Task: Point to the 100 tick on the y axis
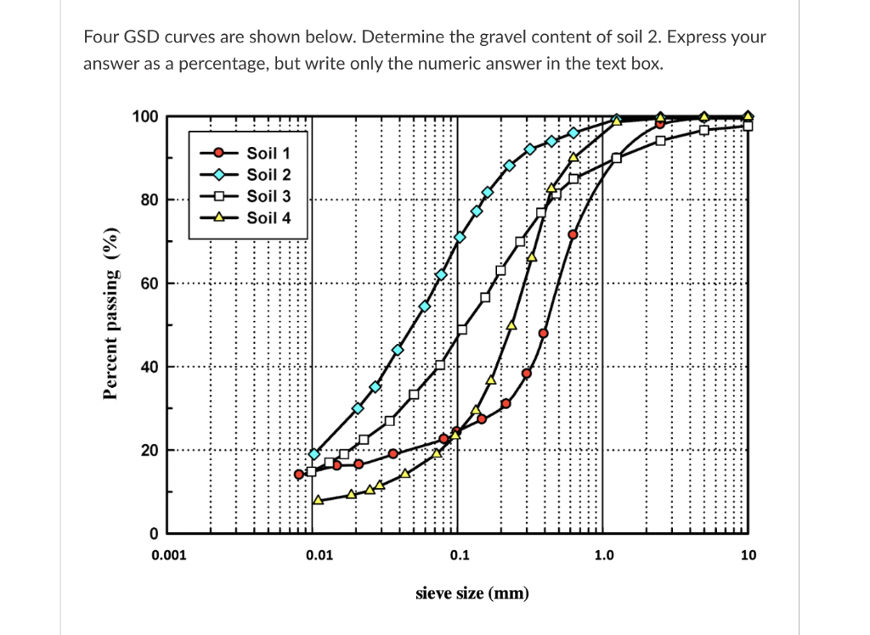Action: [x=144, y=116]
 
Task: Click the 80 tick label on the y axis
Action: [x=149, y=200]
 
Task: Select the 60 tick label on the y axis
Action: [x=149, y=284]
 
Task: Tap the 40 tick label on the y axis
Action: [x=149, y=367]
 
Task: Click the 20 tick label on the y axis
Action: [x=149, y=450]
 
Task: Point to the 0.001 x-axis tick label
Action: [x=167, y=556]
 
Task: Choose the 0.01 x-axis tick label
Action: [x=318, y=556]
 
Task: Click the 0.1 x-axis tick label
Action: [x=458, y=556]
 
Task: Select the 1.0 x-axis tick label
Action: [x=603, y=556]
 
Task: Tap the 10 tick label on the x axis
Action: [x=748, y=556]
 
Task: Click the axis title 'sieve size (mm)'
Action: [x=472, y=593]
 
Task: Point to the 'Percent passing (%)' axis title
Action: [x=110, y=313]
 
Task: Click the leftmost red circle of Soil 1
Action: [x=299, y=475]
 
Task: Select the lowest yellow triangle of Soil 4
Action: [x=319, y=500]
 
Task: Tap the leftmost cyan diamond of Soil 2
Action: [x=314, y=454]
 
